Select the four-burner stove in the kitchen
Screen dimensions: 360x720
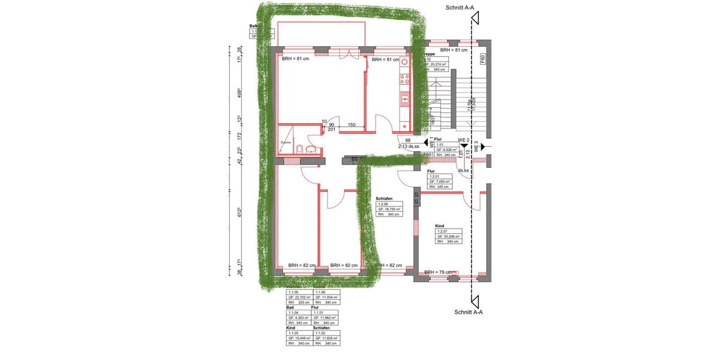click(404, 79)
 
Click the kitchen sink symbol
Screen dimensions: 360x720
click(404, 97)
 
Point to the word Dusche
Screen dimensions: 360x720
click(286, 142)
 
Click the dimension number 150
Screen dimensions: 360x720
click(352, 125)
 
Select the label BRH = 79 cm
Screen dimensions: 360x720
click(437, 272)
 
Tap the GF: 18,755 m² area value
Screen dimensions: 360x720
click(389, 209)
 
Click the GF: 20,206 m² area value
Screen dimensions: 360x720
click(448, 236)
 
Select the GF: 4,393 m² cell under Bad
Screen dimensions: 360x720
click(299, 317)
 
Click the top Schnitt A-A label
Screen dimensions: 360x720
click(464, 8)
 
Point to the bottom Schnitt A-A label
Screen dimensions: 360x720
click(469, 312)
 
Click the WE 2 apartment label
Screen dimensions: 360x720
click(463, 140)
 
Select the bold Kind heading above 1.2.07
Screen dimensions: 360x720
click(440, 226)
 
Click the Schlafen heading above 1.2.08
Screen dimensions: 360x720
click(384, 199)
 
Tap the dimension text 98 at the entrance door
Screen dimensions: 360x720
click(407, 140)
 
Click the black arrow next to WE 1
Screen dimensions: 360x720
click(432, 144)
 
